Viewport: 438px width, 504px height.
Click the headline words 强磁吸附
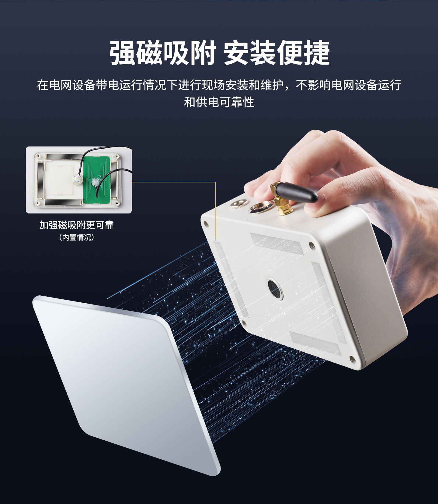click(x=162, y=53)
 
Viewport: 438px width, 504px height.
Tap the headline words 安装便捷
click(x=276, y=53)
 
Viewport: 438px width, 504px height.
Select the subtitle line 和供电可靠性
click(x=219, y=102)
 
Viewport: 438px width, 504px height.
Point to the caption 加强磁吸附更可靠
click(x=77, y=225)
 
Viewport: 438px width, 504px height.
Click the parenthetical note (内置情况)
click(x=77, y=237)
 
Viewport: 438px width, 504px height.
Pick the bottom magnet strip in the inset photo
click(x=64, y=202)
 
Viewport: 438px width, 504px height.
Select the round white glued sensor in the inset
click(x=78, y=180)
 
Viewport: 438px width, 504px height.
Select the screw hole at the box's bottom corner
click(x=352, y=359)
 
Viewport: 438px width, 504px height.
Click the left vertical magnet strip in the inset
click(x=40, y=179)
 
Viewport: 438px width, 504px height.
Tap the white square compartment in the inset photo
click(x=59, y=180)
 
